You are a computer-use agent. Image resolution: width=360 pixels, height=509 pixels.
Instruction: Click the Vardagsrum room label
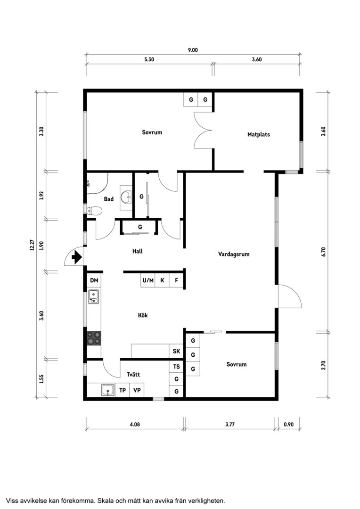(x=234, y=254)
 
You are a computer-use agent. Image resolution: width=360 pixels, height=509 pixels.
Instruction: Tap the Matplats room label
(x=258, y=134)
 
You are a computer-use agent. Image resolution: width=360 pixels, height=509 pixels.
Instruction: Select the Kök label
(x=142, y=315)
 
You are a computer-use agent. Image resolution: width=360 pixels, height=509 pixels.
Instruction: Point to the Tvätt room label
(x=133, y=374)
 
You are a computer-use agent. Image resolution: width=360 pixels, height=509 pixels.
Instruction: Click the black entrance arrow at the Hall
(x=77, y=257)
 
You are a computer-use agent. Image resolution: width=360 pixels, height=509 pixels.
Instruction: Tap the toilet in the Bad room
(x=95, y=211)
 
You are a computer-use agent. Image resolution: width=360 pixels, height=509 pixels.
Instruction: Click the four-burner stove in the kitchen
(x=94, y=338)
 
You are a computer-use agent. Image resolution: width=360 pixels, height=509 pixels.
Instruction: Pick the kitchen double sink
(x=94, y=297)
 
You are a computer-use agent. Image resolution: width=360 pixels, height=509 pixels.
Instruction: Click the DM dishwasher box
(x=94, y=280)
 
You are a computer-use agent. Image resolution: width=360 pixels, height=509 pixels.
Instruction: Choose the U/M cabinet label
(x=147, y=280)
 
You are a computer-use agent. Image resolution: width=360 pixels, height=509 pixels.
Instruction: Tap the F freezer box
(x=176, y=280)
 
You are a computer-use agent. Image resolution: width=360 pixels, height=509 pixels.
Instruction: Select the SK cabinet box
(x=176, y=351)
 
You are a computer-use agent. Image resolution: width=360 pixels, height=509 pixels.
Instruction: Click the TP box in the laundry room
(x=123, y=390)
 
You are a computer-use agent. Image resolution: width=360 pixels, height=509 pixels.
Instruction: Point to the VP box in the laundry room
(x=137, y=390)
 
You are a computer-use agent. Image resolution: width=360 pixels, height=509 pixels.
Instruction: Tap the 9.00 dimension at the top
(x=193, y=50)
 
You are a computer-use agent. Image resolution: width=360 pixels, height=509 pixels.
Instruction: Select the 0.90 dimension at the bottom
(x=288, y=424)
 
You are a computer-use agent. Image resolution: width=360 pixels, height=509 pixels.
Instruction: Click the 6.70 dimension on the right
(x=323, y=252)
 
